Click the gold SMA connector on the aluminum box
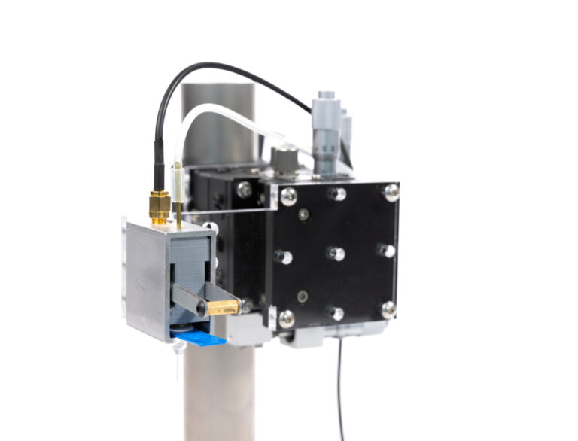[x=159, y=205]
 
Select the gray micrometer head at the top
[x=325, y=128]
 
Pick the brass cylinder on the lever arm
[x=223, y=307]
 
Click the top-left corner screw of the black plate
[x=288, y=196]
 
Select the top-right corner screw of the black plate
[x=391, y=192]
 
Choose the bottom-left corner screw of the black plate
[x=287, y=318]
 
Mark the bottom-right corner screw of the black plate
[x=388, y=309]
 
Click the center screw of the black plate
[x=337, y=254]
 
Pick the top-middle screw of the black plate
[x=338, y=194]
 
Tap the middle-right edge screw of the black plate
[x=386, y=250]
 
